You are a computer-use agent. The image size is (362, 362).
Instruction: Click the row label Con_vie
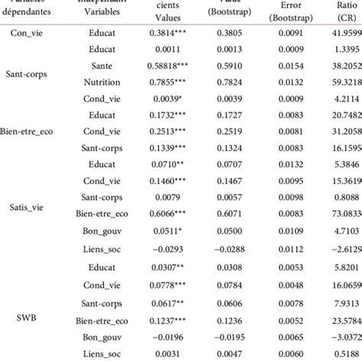[x=31, y=33]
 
